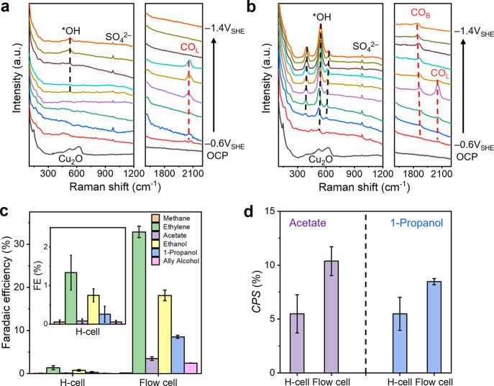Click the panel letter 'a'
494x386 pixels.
coord(6,6)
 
